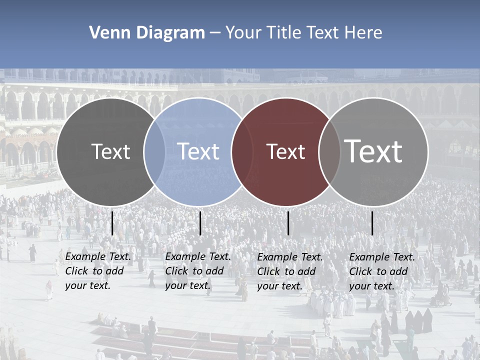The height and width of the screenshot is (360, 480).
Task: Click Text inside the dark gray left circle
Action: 110,151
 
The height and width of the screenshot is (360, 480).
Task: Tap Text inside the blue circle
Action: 198,151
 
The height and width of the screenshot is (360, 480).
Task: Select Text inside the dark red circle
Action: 285,152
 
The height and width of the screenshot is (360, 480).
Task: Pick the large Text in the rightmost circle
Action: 373,151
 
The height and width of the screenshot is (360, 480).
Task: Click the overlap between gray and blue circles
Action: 154,152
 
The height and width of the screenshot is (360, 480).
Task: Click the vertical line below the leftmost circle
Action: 112,223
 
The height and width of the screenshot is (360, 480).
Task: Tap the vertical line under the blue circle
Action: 200,223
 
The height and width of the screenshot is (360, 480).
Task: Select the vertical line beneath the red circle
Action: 288,223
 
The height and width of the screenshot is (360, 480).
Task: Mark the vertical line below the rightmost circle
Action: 372,223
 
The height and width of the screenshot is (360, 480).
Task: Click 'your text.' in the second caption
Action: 187,285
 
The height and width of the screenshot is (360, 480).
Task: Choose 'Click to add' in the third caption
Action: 286,271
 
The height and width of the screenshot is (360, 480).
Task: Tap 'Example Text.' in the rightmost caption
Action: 382,257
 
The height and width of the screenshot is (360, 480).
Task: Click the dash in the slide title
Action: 215,33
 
